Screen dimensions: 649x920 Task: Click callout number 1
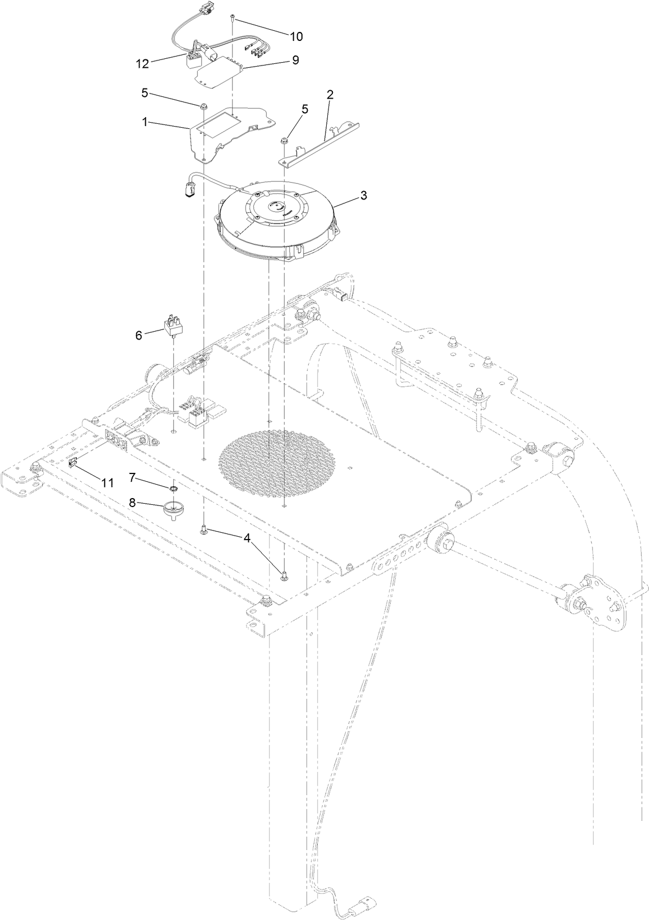pos(145,122)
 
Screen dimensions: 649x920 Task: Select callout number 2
pos(330,95)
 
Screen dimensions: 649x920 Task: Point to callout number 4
pos(247,537)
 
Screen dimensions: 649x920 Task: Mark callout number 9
pos(295,59)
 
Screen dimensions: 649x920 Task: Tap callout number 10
pos(296,36)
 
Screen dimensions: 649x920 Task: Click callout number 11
pos(107,481)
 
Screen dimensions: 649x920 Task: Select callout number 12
pos(142,63)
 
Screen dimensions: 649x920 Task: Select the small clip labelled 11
pos(72,462)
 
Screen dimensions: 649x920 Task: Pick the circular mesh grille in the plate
pos(278,458)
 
